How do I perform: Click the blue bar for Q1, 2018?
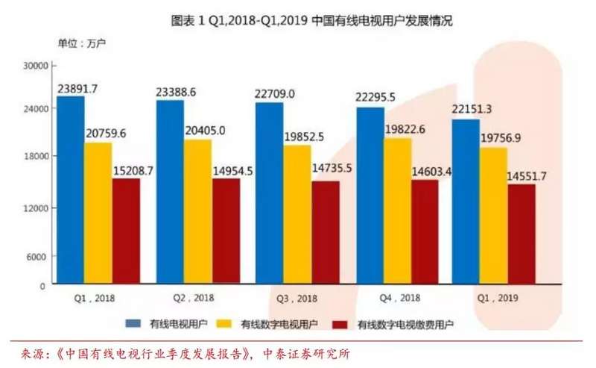click(x=70, y=190)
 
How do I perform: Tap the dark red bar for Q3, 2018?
click(x=326, y=232)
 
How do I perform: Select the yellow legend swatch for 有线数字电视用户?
click(x=224, y=324)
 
